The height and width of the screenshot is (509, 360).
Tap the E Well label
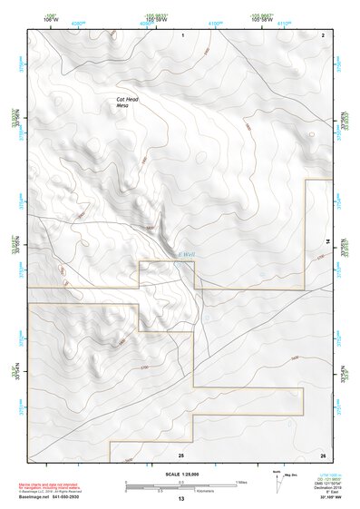(x=186, y=255)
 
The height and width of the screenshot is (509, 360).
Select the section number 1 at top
(x=182, y=34)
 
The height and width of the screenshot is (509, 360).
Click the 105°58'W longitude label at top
(x=265, y=18)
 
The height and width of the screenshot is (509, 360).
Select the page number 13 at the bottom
(x=180, y=501)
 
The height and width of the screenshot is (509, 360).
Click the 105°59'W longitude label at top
(x=152, y=18)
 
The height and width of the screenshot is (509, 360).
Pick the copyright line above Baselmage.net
(x=56, y=494)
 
